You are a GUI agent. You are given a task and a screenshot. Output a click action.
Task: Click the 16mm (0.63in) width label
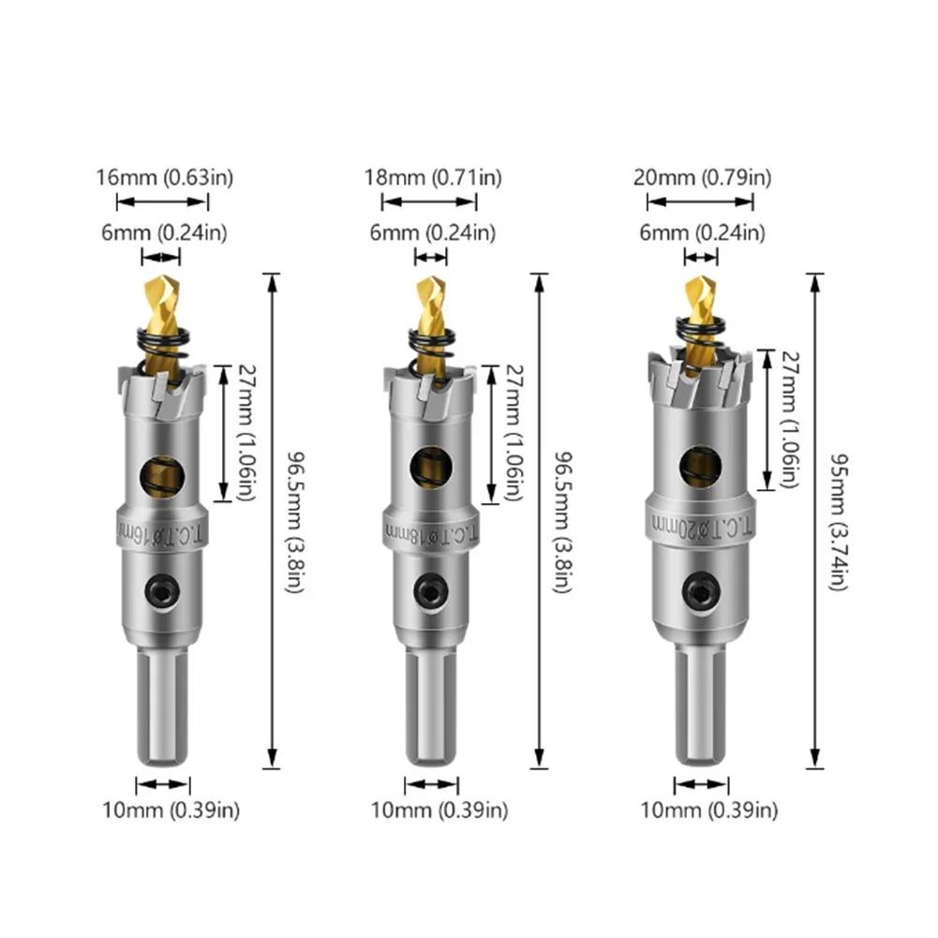pos(163,176)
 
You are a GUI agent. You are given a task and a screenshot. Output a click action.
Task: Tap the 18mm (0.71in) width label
pos(432,176)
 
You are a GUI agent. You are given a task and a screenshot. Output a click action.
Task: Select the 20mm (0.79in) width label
pos(702,176)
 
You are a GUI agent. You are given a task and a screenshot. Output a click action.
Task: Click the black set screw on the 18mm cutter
pos(431,591)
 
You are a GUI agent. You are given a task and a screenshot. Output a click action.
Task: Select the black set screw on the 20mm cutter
pos(700,590)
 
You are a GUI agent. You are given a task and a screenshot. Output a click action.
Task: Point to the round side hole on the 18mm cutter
pos(430,467)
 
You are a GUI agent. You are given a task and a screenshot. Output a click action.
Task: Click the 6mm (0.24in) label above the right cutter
pos(702,231)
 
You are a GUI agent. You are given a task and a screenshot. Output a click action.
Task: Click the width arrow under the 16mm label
pos(162,201)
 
